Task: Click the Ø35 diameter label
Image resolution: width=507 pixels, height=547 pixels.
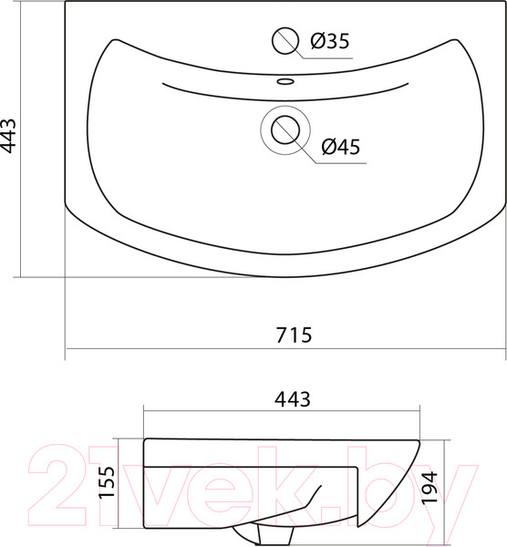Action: pyautogui.click(x=330, y=41)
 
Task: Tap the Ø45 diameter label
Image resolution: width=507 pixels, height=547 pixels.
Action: pyautogui.click(x=340, y=147)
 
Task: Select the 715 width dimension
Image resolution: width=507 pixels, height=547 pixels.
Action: pyautogui.click(x=294, y=335)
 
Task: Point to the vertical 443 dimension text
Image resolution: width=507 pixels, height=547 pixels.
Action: pyautogui.click(x=8, y=136)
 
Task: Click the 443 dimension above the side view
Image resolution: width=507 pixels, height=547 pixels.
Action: pyautogui.click(x=293, y=399)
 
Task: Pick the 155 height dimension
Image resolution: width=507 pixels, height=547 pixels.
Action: pyautogui.click(x=107, y=482)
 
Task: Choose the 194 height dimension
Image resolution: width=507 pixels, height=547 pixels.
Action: pyautogui.click(x=429, y=487)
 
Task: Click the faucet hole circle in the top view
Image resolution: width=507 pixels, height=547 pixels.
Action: pyautogui.click(x=285, y=41)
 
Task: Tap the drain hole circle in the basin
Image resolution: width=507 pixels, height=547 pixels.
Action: pyautogui.click(x=285, y=129)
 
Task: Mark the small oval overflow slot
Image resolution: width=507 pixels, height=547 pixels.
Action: pyautogui.click(x=285, y=82)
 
